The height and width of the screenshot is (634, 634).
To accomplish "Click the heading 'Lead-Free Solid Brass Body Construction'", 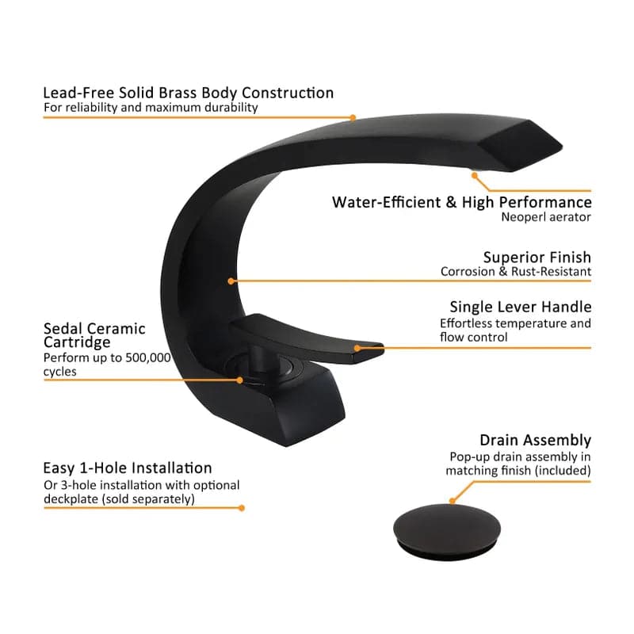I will (x=189, y=94).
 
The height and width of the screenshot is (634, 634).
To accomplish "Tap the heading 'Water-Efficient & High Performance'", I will (x=461, y=202).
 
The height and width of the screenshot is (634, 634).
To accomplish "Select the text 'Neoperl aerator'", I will (x=546, y=216).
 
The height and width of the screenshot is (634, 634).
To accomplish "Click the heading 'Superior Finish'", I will (x=537, y=258).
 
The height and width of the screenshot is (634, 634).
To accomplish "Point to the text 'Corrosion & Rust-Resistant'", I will (x=516, y=272).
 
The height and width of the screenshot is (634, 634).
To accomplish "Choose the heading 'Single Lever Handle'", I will (x=520, y=307).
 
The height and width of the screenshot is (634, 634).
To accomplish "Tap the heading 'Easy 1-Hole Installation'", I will (x=128, y=468).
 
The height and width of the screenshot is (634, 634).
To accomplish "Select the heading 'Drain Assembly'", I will (x=535, y=440).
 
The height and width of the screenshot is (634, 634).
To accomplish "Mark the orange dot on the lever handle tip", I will (x=358, y=347).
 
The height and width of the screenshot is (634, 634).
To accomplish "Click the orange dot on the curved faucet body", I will (x=231, y=280).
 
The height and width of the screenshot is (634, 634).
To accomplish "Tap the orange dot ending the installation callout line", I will (x=242, y=508).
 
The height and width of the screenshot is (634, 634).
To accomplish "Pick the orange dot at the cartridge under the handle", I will (x=240, y=380).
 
